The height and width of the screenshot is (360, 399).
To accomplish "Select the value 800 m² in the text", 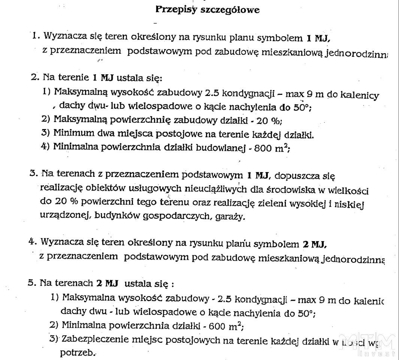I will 271,147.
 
